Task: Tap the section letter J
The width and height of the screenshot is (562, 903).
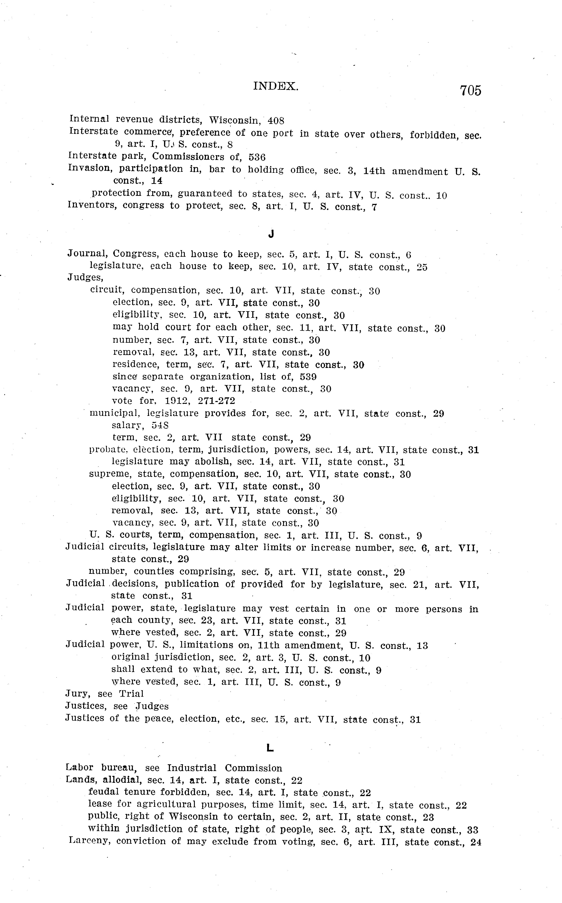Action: (271, 234)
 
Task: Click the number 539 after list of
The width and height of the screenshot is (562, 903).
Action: (308, 377)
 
